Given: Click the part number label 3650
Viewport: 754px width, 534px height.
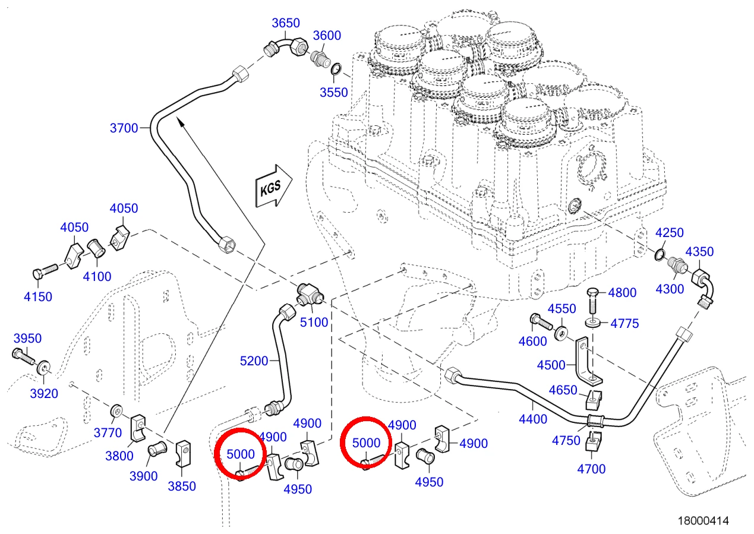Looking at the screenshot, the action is pos(285,23).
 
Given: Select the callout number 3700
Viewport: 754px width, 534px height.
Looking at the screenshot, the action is pos(124,128).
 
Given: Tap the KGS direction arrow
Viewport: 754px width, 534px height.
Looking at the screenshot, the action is pos(273,186).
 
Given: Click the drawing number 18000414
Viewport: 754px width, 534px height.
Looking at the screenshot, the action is pos(703,520).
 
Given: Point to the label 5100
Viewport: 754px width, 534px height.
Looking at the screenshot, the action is pos(314,322).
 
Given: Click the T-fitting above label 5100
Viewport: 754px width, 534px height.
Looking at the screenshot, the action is pos(310,294).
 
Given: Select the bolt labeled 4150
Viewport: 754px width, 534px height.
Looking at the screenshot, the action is pos(45,271).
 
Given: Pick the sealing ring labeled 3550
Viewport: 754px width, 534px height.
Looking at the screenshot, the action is pos(336,69).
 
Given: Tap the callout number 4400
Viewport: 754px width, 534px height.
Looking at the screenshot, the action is pos(533,419).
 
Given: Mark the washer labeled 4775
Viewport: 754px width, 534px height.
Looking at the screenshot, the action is pos(593,323).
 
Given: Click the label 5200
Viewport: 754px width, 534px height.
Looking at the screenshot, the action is pos(254,361).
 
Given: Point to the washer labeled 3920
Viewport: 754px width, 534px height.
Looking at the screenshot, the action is pos(44,368).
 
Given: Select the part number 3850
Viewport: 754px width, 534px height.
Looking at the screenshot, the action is pos(182,486).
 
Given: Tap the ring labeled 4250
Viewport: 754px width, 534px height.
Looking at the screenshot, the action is pos(660,255).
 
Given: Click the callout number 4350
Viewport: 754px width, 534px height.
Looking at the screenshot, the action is pos(699,251).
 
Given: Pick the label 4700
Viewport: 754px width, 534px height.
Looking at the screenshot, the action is pos(591,469).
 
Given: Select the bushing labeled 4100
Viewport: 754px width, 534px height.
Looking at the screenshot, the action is pos(96,248).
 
